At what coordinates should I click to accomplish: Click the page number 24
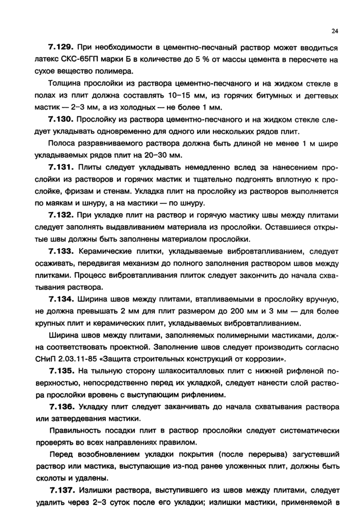click(335, 31)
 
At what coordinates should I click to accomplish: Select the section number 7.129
click(62, 48)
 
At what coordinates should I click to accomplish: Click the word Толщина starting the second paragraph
click(64, 84)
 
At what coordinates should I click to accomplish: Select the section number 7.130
click(62, 120)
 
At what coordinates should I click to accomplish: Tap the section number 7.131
click(62, 168)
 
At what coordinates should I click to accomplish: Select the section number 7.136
click(62, 407)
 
